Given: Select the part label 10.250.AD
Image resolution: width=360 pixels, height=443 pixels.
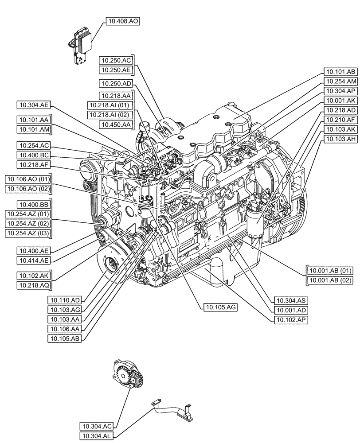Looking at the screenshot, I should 116,83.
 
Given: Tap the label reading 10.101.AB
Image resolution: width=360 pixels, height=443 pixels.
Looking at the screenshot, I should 340,71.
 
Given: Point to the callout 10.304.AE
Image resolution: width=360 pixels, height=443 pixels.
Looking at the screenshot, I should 33,105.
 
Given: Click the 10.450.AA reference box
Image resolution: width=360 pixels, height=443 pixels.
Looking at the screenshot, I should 116,125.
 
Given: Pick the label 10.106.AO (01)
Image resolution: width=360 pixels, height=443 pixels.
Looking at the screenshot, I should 28,179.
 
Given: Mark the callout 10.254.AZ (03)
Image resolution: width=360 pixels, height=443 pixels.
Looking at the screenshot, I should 33,233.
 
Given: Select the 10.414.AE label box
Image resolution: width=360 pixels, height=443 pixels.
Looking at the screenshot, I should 33,260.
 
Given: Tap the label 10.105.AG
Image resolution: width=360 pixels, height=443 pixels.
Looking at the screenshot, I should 220,306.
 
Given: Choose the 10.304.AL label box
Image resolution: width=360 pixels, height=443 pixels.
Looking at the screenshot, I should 97,436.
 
